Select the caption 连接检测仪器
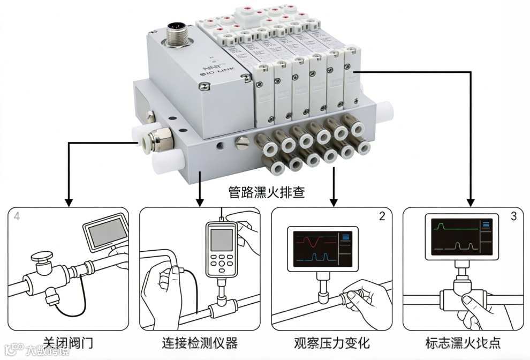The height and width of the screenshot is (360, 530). coord(199,342)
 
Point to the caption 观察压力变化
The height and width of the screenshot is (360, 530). coord(332,342)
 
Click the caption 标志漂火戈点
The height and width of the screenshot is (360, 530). coord(464,342)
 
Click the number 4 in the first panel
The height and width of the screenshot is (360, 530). coord(17,216)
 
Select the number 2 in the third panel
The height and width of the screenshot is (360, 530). coord(382,216)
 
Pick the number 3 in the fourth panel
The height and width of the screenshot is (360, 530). coord(514,216)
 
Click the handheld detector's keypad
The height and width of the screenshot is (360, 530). coord(221,262)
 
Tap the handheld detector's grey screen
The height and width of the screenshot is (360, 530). coord(221,239)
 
